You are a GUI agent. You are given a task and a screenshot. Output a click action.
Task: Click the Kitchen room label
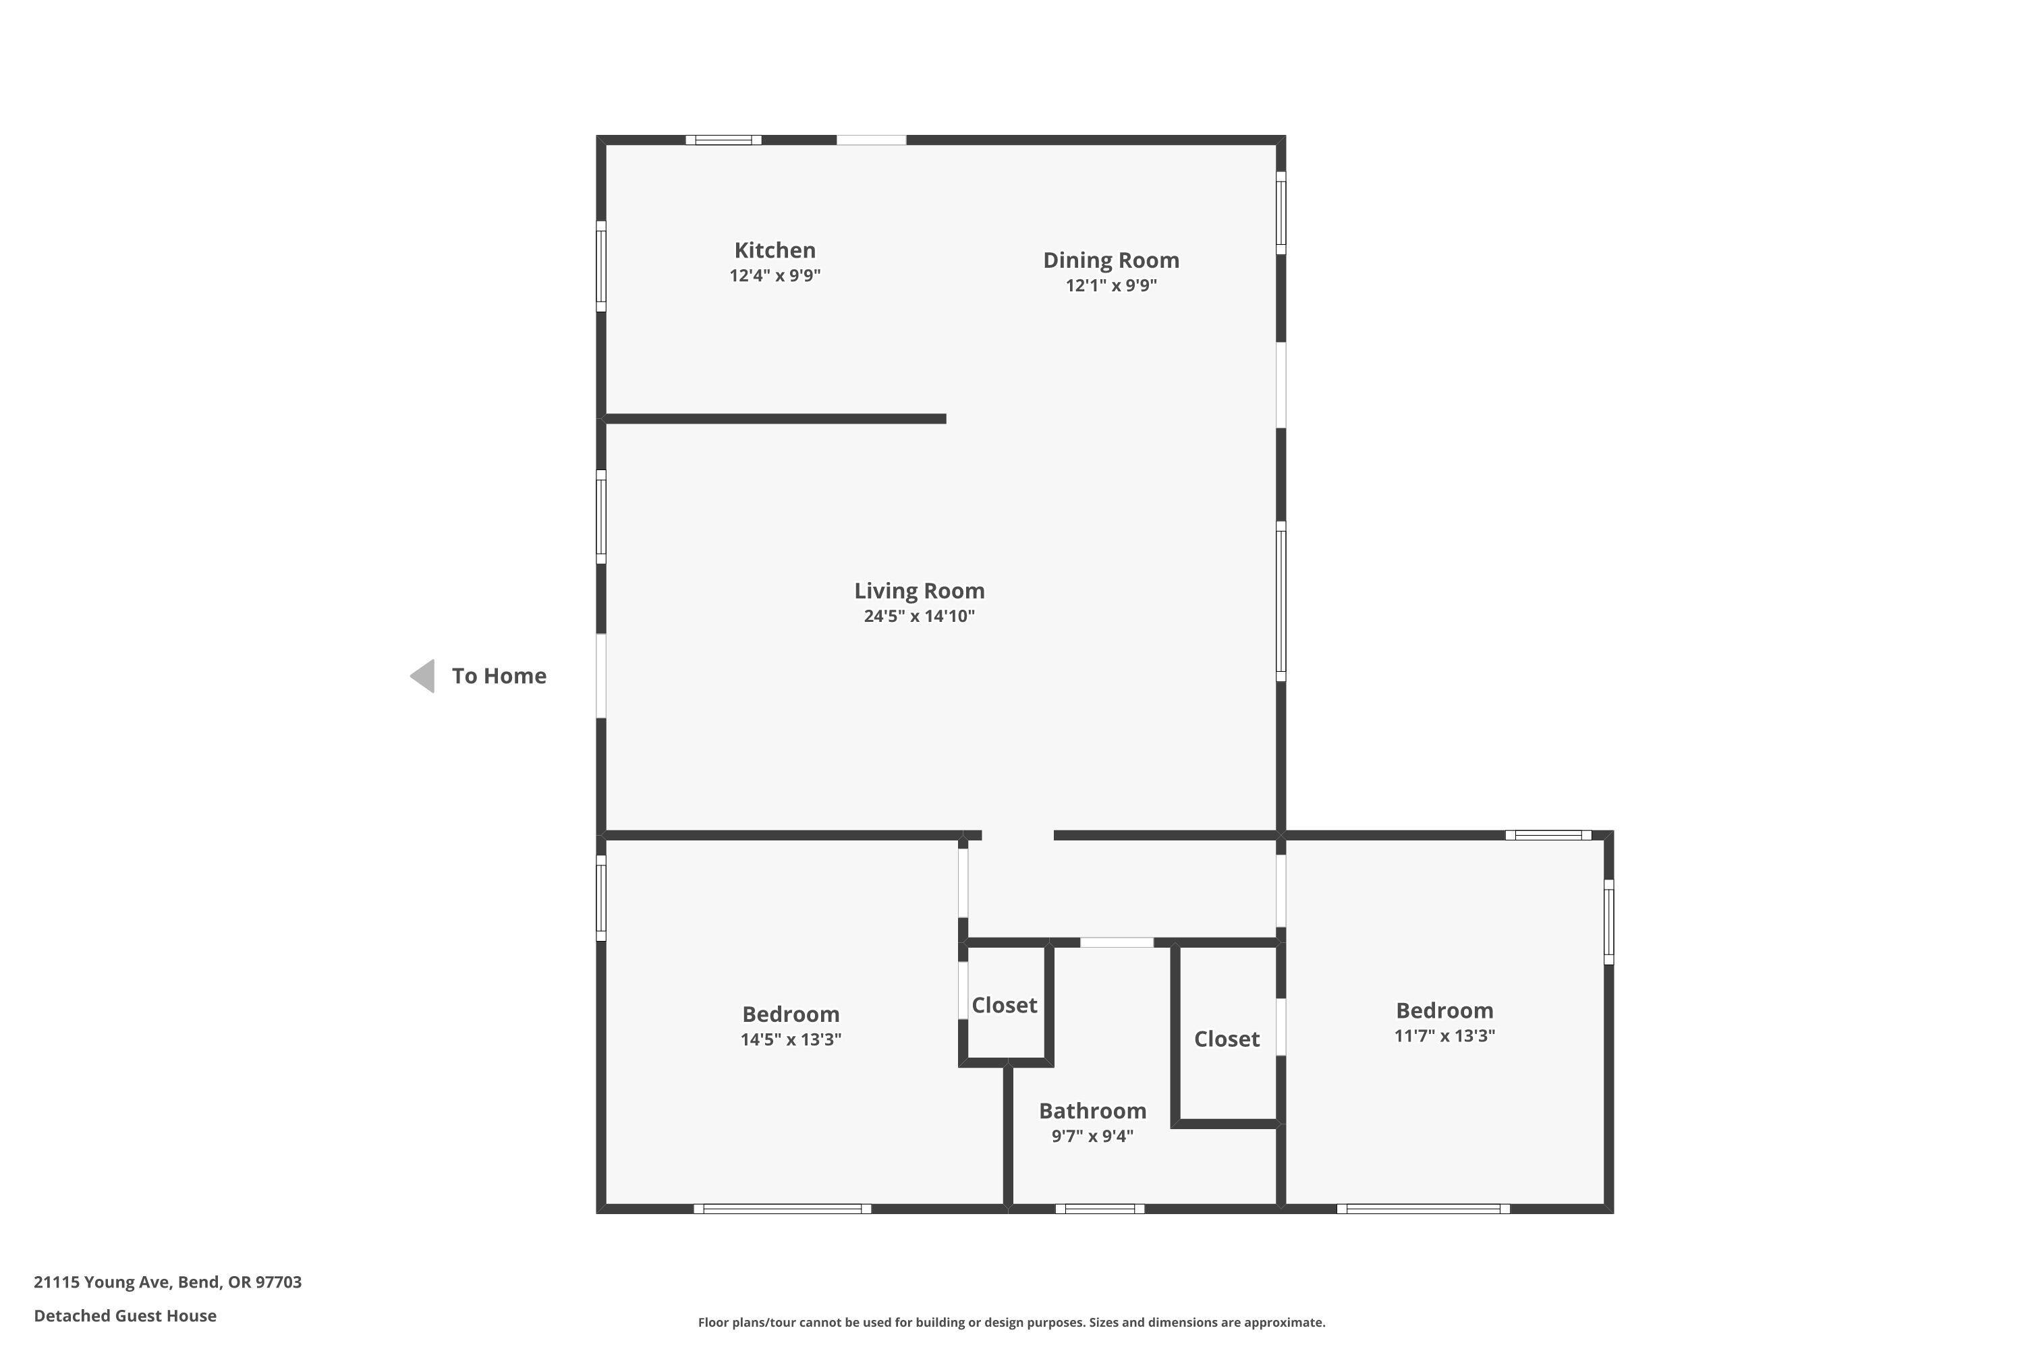(x=775, y=250)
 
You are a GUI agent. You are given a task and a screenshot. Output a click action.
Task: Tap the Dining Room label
(x=1111, y=260)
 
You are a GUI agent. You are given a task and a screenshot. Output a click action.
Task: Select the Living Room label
(x=919, y=591)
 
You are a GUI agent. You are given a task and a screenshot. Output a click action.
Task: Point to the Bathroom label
(x=1092, y=1111)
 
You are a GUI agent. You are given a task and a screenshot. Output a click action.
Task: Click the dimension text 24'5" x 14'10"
(x=919, y=616)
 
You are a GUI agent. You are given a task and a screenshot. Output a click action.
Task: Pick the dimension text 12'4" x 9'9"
(x=775, y=276)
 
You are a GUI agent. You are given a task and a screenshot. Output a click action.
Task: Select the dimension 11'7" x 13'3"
(x=1444, y=1036)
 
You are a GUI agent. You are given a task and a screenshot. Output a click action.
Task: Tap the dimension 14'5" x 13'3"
(x=791, y=1039)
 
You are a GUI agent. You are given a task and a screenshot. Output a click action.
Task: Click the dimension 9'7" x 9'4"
(x=1092, y=1137)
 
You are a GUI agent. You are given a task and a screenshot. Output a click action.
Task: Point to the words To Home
(x=499, y=677)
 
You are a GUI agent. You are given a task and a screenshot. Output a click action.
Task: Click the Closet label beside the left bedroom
(x=1005, y=1005)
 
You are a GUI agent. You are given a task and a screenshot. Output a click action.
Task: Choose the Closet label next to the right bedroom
(x=1227, y=1039)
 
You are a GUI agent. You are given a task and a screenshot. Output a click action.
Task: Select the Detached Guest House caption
(x=125, y=1315)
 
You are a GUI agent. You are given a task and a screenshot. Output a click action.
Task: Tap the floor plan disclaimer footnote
(x=1011, y=1322)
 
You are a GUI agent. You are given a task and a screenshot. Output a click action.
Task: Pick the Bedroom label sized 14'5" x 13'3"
(x=791, y=1014)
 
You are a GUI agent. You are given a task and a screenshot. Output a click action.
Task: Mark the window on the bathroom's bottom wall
(x=1100, y=1209)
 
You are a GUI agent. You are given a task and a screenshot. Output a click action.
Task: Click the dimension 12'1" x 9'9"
(x=1111, y=285)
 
